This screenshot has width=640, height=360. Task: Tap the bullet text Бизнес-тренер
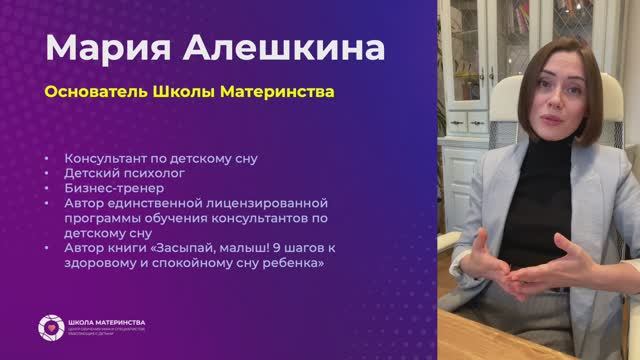click(112, 187)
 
